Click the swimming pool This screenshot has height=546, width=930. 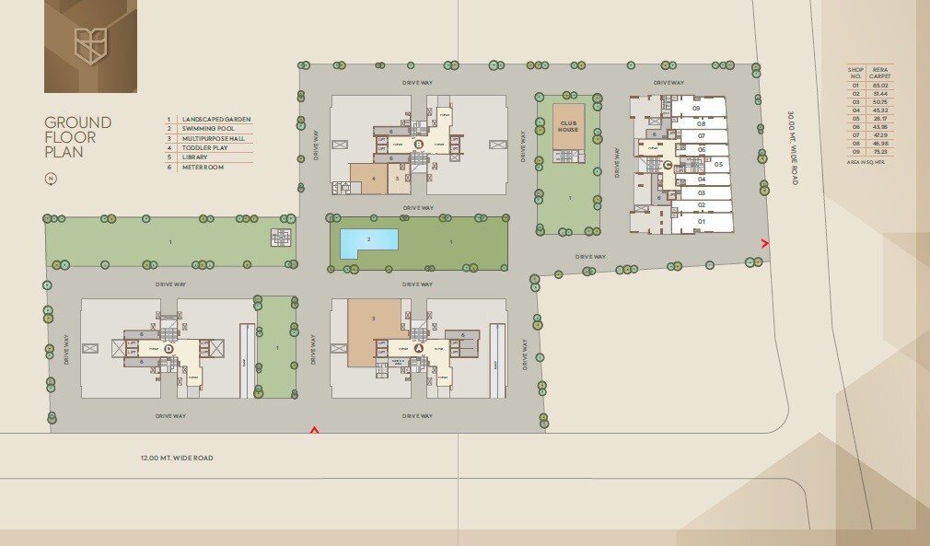(x=369, y=243)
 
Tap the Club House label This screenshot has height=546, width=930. (x=568, y=128)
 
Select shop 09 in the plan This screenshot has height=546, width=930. (x=697, y=109)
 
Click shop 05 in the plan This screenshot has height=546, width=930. (x=717, y=165)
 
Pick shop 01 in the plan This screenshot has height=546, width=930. (x=701, y=222)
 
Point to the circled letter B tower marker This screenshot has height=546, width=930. (x=418, y=144)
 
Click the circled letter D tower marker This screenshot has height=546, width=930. (x=169, y=349)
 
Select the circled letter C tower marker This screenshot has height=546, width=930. (x=667, y=165)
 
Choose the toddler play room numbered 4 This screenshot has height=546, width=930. (x=373, y=179)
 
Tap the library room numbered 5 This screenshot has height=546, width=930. (x=398, y=179)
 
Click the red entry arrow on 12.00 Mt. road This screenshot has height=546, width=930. (x=314, y=429)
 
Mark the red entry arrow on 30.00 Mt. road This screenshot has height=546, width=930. (x=764, y=243)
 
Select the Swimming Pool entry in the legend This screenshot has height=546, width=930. (x=208, y=128)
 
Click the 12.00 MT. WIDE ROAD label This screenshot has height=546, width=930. (x=177, y=458)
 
